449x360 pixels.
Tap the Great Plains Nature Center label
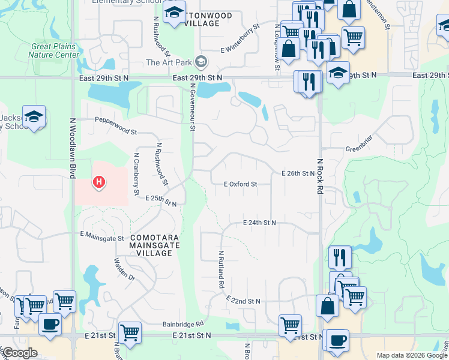pyautogui.click(x=53, y=50)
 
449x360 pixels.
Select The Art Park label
pyautogui.click(x=170, y=62)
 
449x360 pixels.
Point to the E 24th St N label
pyautogui.click(x=259, y=223)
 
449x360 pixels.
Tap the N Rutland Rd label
pyautogui.click(x=221, y=269)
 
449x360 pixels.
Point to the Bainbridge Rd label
pyautogui.click(x=183, y=323)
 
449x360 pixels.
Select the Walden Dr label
pyautogui.click(x=124, y=270)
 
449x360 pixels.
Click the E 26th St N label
pyautogui.click(x=298, y=173)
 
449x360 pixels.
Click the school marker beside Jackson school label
pyautogui.click(x=34, y=118)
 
